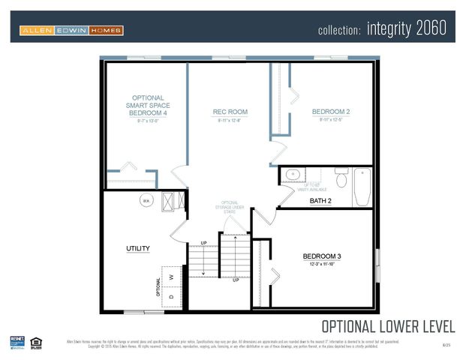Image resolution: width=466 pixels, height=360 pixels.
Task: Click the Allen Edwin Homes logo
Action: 71,30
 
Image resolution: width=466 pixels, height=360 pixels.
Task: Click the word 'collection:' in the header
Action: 340,31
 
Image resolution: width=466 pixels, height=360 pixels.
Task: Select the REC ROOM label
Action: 230,112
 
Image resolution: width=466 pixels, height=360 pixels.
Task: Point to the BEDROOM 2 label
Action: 331,112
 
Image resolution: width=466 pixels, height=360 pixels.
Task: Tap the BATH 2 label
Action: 320,200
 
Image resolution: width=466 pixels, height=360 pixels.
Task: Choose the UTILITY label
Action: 138,248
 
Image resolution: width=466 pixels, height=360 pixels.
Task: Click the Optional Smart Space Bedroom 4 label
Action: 148,106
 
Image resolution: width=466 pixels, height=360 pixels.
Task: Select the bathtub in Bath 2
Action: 362,187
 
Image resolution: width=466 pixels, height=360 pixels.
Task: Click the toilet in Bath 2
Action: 341,179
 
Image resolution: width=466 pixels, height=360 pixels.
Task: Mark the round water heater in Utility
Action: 147,200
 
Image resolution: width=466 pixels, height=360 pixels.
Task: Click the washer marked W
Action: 172,277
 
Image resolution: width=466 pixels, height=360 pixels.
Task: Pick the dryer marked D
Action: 172,297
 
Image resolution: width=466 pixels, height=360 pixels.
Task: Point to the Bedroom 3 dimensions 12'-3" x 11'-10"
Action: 321,265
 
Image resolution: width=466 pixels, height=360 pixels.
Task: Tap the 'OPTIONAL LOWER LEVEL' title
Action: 387,326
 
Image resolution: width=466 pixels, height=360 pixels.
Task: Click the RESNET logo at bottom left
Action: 17,343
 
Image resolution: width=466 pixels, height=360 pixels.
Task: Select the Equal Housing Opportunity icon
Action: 37,343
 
